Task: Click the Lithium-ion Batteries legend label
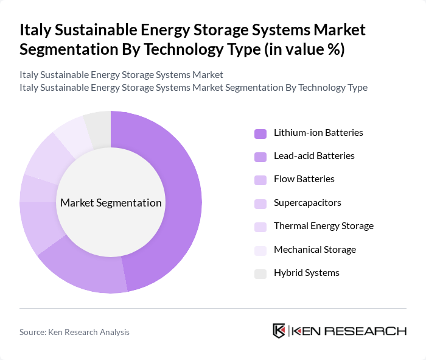(x=318, y=133)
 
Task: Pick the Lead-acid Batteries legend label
(x=314, y=156)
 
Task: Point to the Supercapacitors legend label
(x=307, y=203)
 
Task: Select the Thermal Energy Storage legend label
(x=324, y=226)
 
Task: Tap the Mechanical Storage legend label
(x=315, y=250)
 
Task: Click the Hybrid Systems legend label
(x=307, y=273)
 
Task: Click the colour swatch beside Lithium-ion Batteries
(x=260, y=133)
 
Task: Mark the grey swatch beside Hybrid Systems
(x=260, y=274)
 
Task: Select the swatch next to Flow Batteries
(x=260, y=180)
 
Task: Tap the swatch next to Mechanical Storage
(x=260, y=250)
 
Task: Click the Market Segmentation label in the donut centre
(x=111, y=203)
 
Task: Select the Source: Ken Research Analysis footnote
(x=74, y=332)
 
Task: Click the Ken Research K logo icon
(x=279, y=331)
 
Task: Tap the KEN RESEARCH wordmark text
(x=349, y=331)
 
